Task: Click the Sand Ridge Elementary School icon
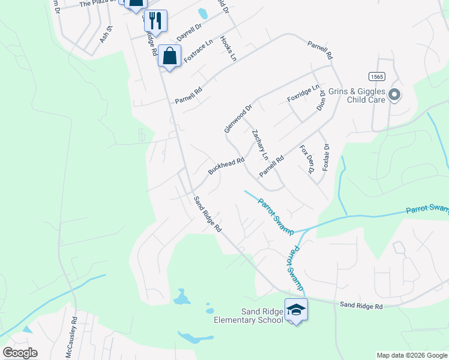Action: click(x=296, y=310)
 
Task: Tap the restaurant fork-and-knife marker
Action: click(x=155, y=20)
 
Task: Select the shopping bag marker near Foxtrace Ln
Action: click(x=170, y=56)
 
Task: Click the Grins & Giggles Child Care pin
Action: click(x=394, y=94)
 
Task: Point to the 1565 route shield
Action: click(x=376, y=76)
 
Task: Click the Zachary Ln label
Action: click(x=260, y=145)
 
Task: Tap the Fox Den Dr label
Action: click(x=307, y=159)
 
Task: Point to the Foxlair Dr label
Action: click(x=326, y=158)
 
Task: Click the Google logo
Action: click(x=20, y=353)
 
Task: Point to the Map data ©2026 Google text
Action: click(x=411, y=355)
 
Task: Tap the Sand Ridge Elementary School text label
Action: click(x=249, y=316)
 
